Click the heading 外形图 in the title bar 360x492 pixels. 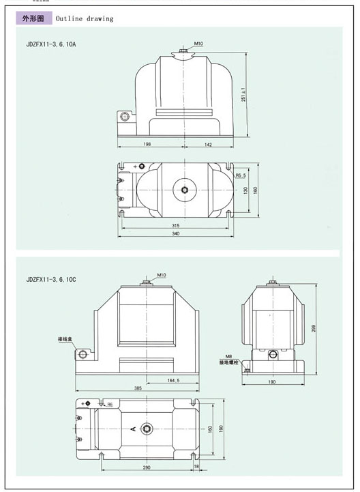click(x=33, y=18)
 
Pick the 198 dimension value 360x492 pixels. click(x=147, y=145)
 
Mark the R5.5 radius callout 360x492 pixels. click(x=241, y=175)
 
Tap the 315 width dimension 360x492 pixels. click(x=175, y=225)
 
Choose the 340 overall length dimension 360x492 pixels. click(x=175, y=234)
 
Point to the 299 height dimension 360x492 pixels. click(x=315, y=328)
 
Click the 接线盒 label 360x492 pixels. click(x=65, y=338)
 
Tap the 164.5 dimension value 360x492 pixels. click(x=172, y=380)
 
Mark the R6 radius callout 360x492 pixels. click(x=109, y=405)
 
